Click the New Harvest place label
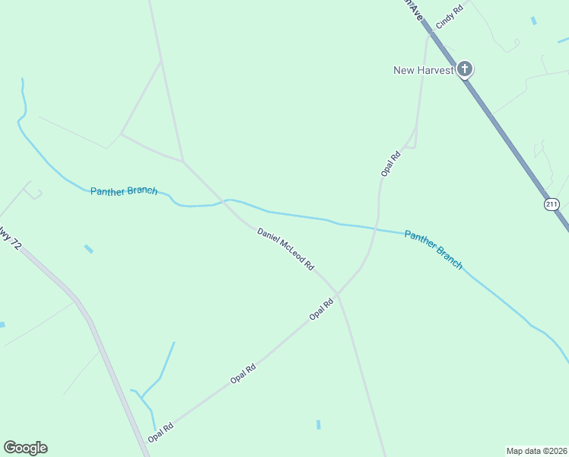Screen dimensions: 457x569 [423, 70]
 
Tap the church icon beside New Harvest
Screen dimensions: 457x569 [465, 70]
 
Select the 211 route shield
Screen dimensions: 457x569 [552, 204]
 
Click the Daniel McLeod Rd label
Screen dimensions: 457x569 [285, 249]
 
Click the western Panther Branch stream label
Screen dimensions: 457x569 [124, 190]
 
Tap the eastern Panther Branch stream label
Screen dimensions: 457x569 [433, 249]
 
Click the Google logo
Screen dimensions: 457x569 [25, 448]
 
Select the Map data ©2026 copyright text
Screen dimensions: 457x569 [536, 450]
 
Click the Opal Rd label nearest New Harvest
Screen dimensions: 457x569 [390, 165]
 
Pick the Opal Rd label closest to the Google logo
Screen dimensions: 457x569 [161, 433]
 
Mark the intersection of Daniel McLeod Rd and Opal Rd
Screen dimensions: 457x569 [337, 292]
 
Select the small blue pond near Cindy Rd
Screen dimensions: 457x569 [534, 21]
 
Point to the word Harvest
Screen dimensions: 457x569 [435, 70]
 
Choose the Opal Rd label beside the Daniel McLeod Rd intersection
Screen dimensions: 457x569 [321, 309]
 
